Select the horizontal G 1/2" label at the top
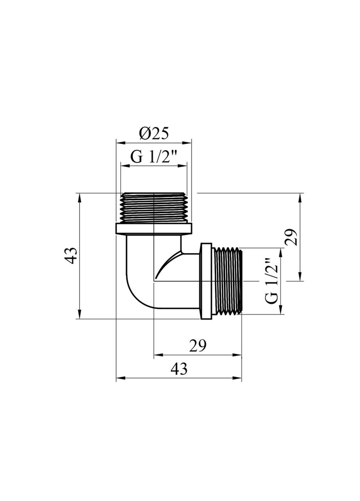pos(154,157)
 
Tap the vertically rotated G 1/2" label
pos(272,281)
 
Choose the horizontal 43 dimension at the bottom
pos(179,369)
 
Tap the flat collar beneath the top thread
pos(154,229)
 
